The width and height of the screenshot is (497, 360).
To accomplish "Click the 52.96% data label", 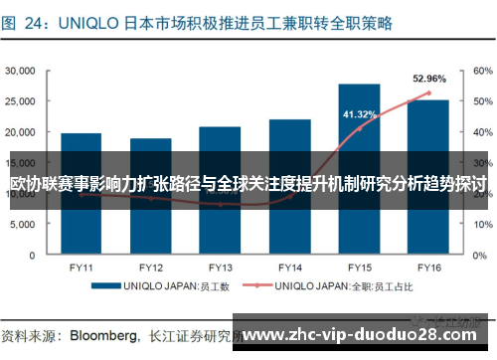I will click(x=428, y=78).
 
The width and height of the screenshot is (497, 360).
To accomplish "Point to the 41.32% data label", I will click(x=359, y=114).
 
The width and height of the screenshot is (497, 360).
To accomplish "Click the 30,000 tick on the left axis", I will click(x=22, y=71).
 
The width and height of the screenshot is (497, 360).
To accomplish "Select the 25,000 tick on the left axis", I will click(x=22, y=101).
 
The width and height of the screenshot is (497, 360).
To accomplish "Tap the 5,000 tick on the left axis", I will click(x=25, y=224).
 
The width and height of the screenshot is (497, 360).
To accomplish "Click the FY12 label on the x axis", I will click(x=150, y=268).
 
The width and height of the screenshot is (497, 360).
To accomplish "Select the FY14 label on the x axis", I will click(x=289, y=268).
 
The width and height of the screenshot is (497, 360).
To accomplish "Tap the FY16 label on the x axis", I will click(x=428, y=268).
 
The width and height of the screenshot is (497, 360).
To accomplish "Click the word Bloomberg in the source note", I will click(x=101, y=334).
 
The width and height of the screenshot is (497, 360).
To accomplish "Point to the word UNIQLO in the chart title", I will click(x=103, y=19).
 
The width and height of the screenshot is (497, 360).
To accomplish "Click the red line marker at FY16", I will click(x=428, y=93).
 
